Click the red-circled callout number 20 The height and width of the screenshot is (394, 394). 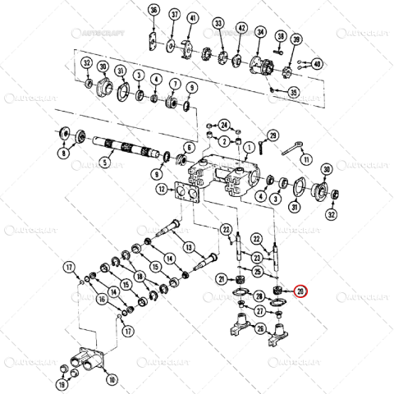(x=301, y=291)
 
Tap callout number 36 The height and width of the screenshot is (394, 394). (x=153, y=11)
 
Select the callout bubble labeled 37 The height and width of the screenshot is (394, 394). (x=174, y=16)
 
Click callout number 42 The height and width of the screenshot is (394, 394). (x=241, y=28)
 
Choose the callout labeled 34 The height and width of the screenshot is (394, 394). (x=259, y=33)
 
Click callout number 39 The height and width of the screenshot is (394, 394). (x=296, y=39)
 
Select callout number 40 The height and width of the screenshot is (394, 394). (x=316, y=63)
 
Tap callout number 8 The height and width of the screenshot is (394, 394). (x=63, y=153)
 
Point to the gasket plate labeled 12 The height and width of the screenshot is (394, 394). (x=185, y=194)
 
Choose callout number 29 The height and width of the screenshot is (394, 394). (x=273, y=135)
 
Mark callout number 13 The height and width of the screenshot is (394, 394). (x=187, y=247)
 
